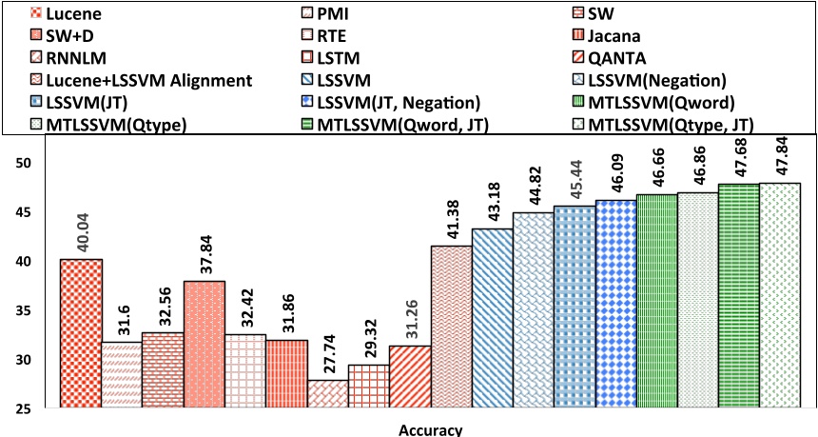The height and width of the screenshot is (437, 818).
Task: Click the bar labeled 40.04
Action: coord(81,333)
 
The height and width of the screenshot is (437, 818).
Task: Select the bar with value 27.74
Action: coord(326,394)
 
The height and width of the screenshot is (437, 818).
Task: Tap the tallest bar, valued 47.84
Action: coord(780,295)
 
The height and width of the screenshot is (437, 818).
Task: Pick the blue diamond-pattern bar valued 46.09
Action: coord(615,304)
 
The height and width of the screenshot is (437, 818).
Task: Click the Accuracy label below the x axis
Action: coord(429,428)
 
